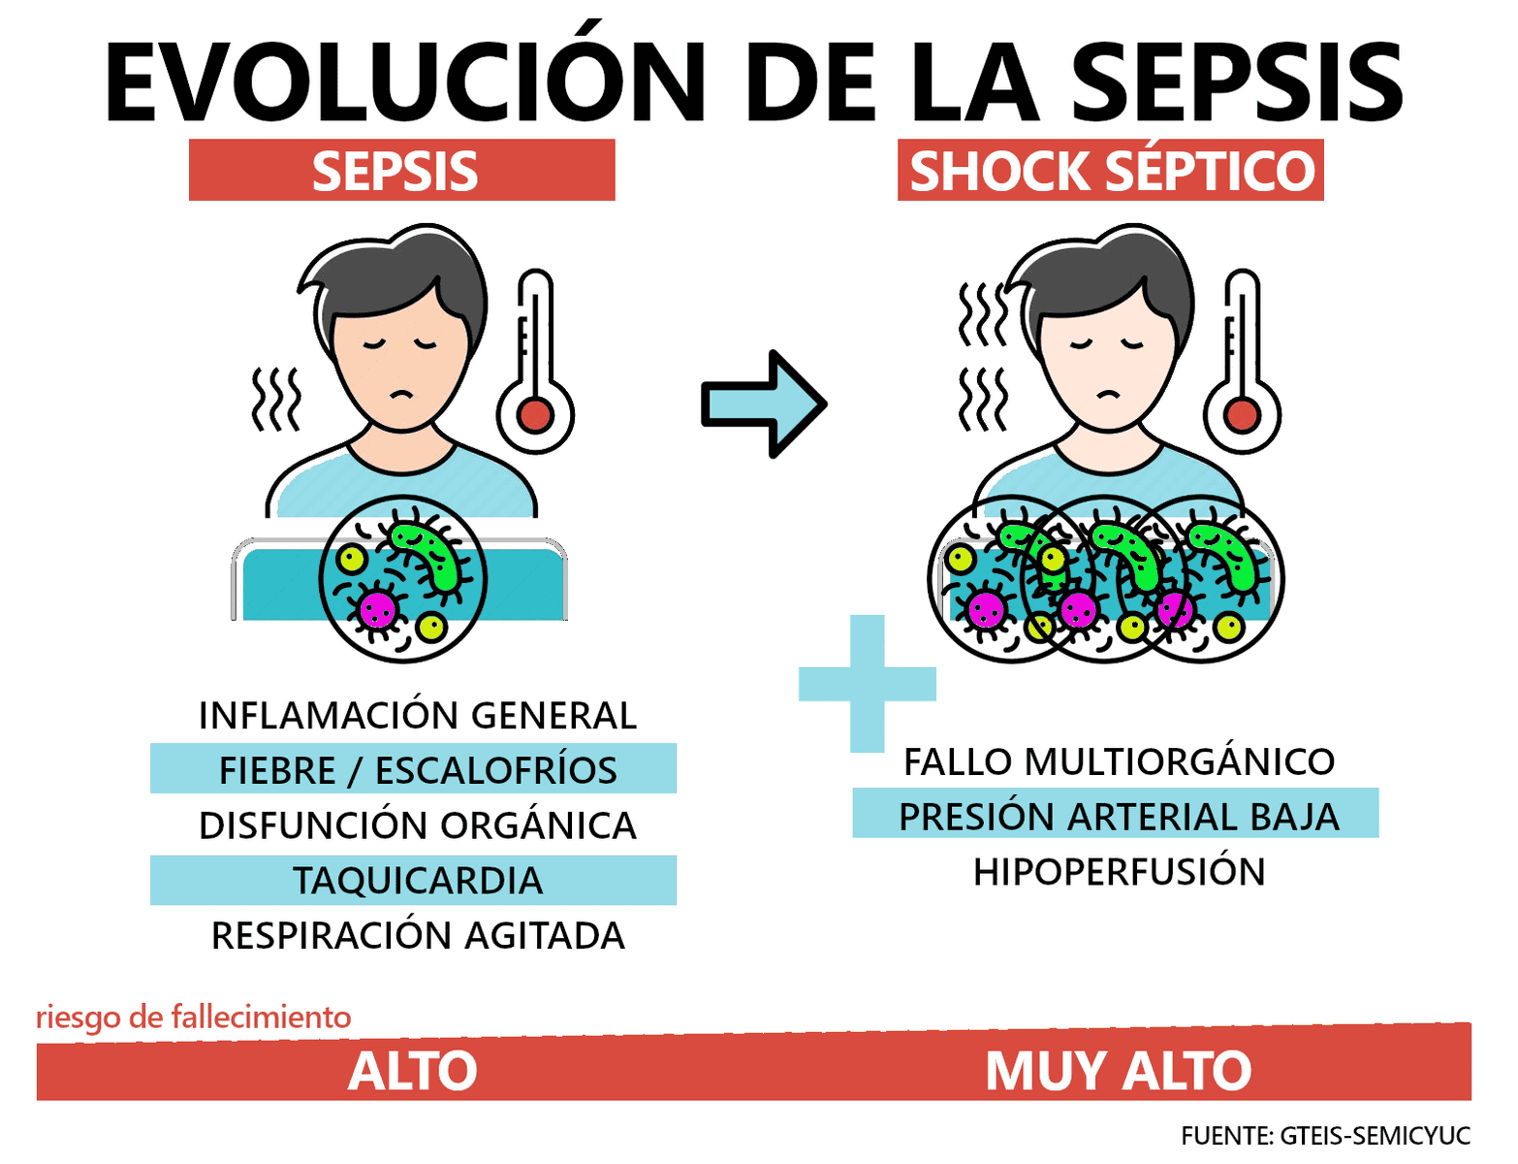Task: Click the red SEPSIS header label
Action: (401, 171)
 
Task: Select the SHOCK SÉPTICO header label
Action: (1111, 171)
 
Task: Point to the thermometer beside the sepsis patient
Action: (535, 369)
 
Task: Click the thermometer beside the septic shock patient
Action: (1242, 369)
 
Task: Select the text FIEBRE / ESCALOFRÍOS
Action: (417, 770)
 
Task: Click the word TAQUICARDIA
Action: (417, 881)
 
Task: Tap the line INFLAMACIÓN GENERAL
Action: (417, 716)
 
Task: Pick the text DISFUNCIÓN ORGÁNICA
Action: (417, 825)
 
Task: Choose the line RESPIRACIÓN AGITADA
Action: (417, 936)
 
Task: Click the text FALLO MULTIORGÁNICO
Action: (1119, 762)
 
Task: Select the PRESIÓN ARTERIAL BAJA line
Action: (1119, 817)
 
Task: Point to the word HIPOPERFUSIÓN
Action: (1119, 872)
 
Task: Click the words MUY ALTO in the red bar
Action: (1118, 1071)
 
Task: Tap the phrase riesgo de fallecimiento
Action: (193, 1017)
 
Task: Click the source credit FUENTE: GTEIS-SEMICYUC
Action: (1325, 1135)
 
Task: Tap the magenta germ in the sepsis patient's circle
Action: (377, 609)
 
